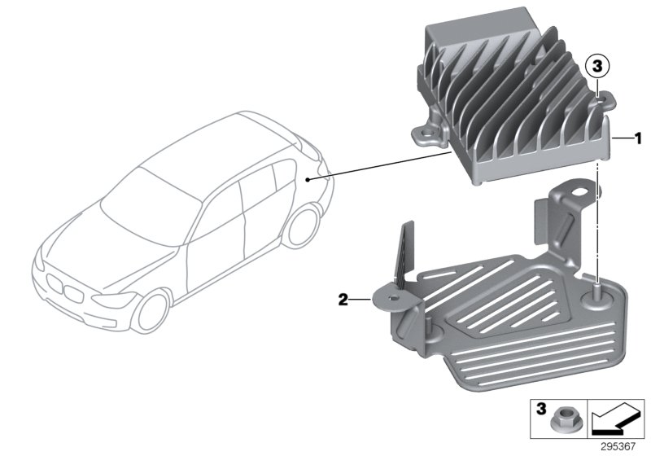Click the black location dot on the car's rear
(x=308, y=178)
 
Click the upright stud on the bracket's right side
(x=597, y=287)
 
